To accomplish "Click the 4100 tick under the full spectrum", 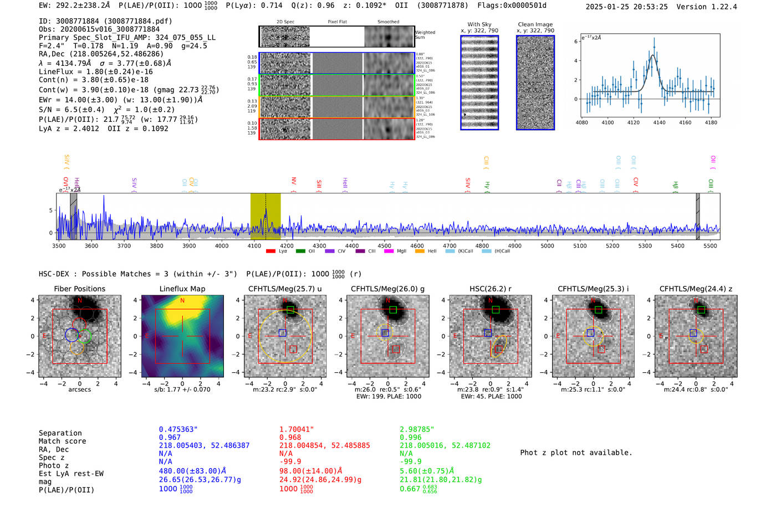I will [254, 245].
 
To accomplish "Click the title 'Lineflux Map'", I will [182, 289].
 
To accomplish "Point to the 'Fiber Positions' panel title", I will [79, 289].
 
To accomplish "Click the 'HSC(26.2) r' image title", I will [490, 289].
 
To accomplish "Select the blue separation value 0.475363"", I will [178, 429].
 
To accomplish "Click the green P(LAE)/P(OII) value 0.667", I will [410, 489].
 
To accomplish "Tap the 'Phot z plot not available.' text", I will [576, 453].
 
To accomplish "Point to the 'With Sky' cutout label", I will [479, 24].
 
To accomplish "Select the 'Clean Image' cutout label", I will [535, 24].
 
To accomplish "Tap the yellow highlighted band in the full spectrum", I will [265, 216].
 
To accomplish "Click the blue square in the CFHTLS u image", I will [283, 332].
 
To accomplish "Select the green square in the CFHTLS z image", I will [701, 310].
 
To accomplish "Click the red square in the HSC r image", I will [499, 349].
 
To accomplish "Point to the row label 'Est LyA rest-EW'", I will [71, 474].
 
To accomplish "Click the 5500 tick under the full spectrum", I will [710, 245].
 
